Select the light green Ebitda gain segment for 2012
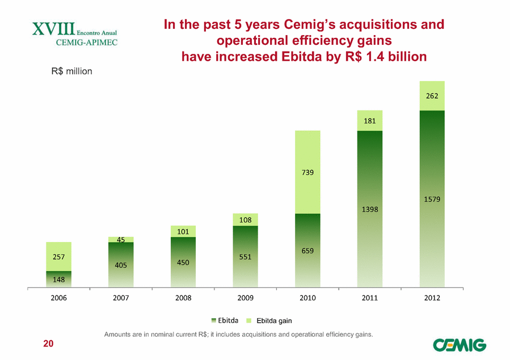point(432,96)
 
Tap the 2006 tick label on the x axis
point(59,298)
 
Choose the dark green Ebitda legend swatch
point(214,319)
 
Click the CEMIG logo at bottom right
point(459,344)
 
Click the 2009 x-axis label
point(246,298)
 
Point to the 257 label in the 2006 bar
point(59,257)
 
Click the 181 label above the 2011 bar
point(370,120)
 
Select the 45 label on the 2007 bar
point(121,240)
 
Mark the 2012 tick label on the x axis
point(432,298)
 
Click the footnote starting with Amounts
point(238,334)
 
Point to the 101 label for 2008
point(183,231)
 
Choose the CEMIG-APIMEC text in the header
point(87,42)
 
